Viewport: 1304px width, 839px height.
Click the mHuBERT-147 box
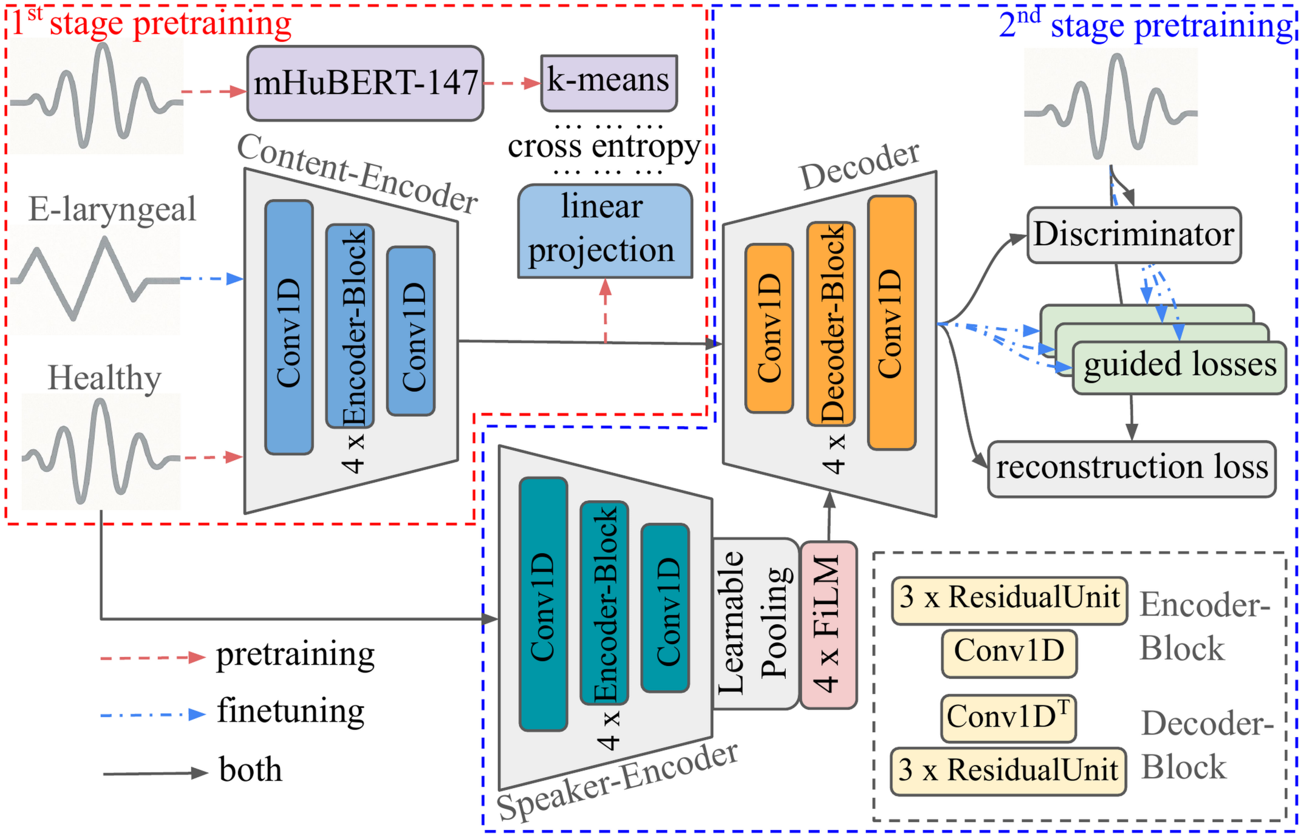[365, 83]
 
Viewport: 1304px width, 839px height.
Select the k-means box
[609, 83]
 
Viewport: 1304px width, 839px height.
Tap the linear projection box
[605, 231]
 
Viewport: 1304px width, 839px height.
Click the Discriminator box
[1133, 235]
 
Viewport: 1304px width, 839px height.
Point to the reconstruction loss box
[1132, 469]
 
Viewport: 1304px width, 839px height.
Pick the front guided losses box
[1179, 368]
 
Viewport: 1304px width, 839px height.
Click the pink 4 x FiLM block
[828, 625]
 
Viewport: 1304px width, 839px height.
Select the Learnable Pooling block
[756, 623]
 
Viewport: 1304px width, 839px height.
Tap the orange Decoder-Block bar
[831, 324]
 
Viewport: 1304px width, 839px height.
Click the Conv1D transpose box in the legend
[1008, 718]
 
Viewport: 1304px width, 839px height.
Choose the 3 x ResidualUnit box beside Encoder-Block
[1009, 600]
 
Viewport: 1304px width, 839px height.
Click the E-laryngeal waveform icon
[95, 279]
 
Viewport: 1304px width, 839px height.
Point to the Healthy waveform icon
[101, 451]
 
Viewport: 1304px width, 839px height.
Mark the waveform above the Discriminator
[1111, 107]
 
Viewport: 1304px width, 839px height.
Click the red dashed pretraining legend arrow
[153, 657]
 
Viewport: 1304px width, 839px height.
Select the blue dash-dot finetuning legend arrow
[153, 715]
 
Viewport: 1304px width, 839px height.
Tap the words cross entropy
[604, 147]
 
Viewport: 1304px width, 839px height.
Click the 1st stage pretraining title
[152, 23]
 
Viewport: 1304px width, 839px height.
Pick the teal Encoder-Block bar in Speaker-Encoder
[604, 603]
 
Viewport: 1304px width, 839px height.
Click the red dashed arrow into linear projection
[606, 311]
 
